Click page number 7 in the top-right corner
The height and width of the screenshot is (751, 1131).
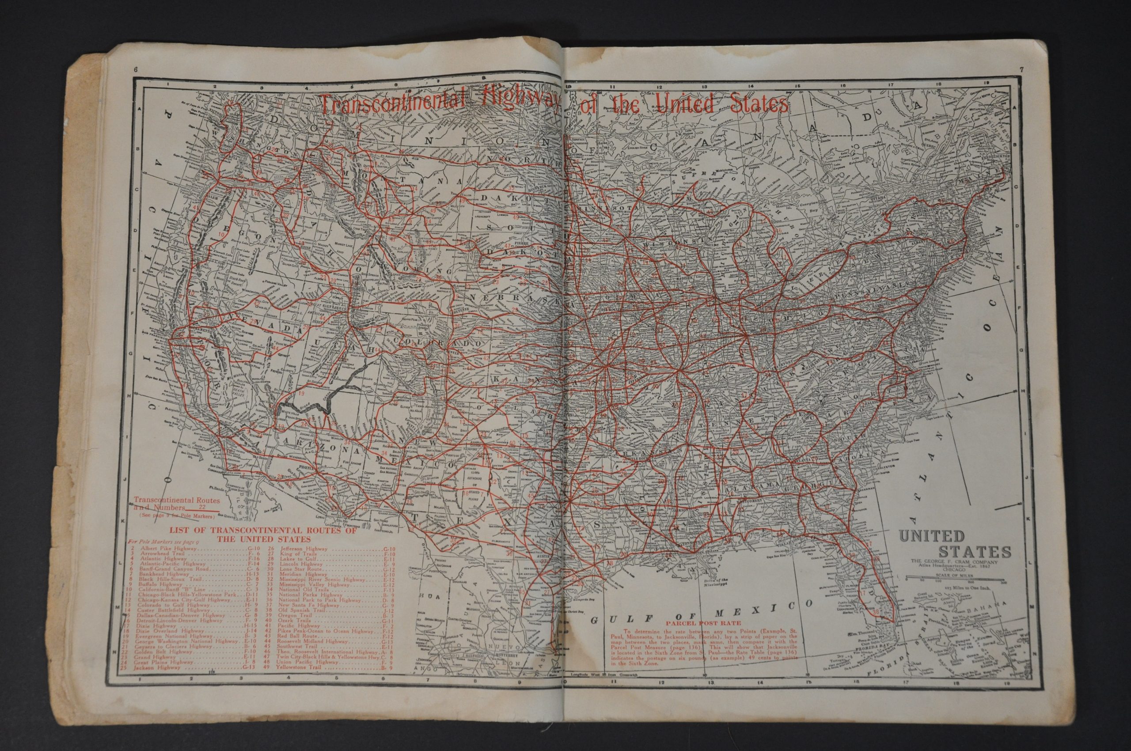(1022, 69)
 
